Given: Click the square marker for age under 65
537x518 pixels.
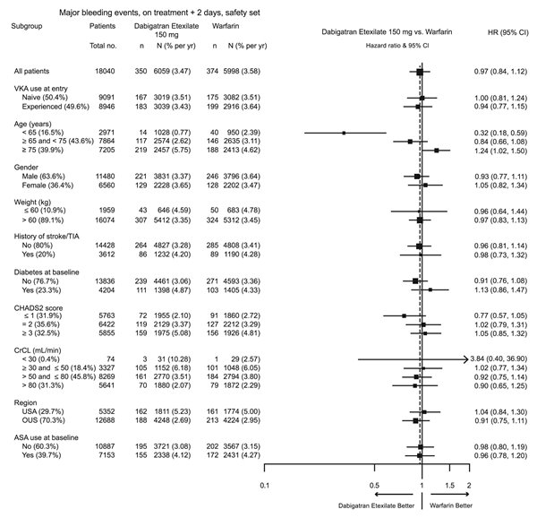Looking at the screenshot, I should pyautogui.click(x=344, y=133).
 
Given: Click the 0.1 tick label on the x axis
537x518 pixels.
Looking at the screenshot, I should pyautogui.click(x=265, y=485).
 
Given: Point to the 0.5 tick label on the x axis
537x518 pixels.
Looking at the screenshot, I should pyautogui.click(x=374, y=485).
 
